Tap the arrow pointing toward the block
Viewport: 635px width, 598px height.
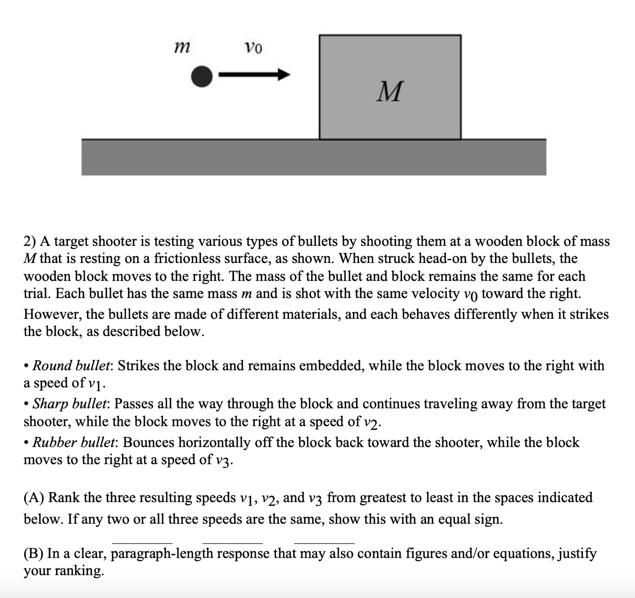click(254, 75)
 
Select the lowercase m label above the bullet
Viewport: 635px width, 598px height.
click(181, 46)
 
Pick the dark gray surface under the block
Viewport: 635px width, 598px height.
click(313, 157)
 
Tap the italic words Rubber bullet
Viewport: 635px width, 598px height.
click(74, 442)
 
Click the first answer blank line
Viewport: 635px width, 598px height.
click(142, 542)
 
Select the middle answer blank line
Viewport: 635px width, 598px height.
click(232, 542)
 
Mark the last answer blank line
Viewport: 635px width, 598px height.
click(324, 542)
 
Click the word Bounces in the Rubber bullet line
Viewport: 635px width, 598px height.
click(148, 442)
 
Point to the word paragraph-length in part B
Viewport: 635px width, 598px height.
click(162, 553)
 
